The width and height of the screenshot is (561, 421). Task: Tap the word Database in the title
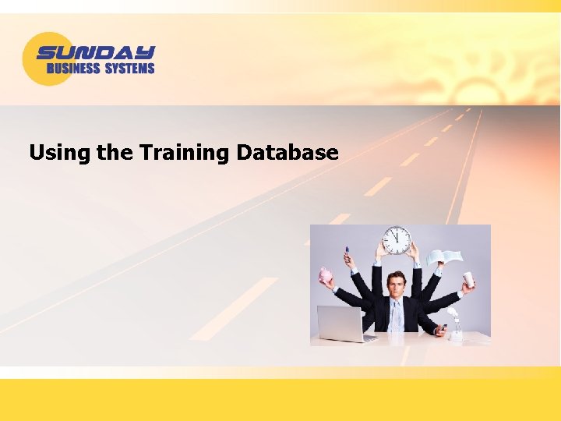(x=288, y=152)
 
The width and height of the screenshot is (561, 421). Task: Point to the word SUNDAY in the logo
(x=96, y=53)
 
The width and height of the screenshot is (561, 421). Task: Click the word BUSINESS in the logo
(x=73, y=69)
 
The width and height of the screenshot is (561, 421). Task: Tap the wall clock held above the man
(x=397, y=239)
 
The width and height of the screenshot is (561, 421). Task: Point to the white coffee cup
(x=468, y=279)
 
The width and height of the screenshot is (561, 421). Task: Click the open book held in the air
(x=444, y=256)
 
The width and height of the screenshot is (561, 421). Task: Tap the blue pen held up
(x=347, y=252)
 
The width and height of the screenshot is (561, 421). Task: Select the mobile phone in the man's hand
(x=443, y=327)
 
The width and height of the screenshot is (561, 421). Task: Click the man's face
(x=397, y=286)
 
